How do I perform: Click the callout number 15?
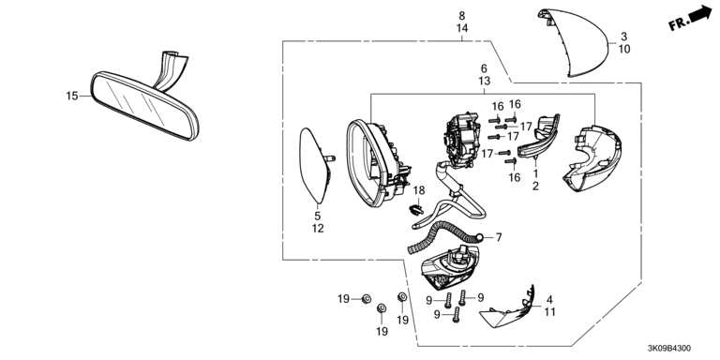(71, 96)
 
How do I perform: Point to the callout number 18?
(419, 190)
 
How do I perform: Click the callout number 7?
(499, 237)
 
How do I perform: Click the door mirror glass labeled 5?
(315, 165)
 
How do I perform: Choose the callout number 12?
(318, 228)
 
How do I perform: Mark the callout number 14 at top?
(462, 28)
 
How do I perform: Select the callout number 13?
(484, 82)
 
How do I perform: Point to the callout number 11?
(549, 312)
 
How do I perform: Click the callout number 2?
(535, 186)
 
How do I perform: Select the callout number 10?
(624, 49)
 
